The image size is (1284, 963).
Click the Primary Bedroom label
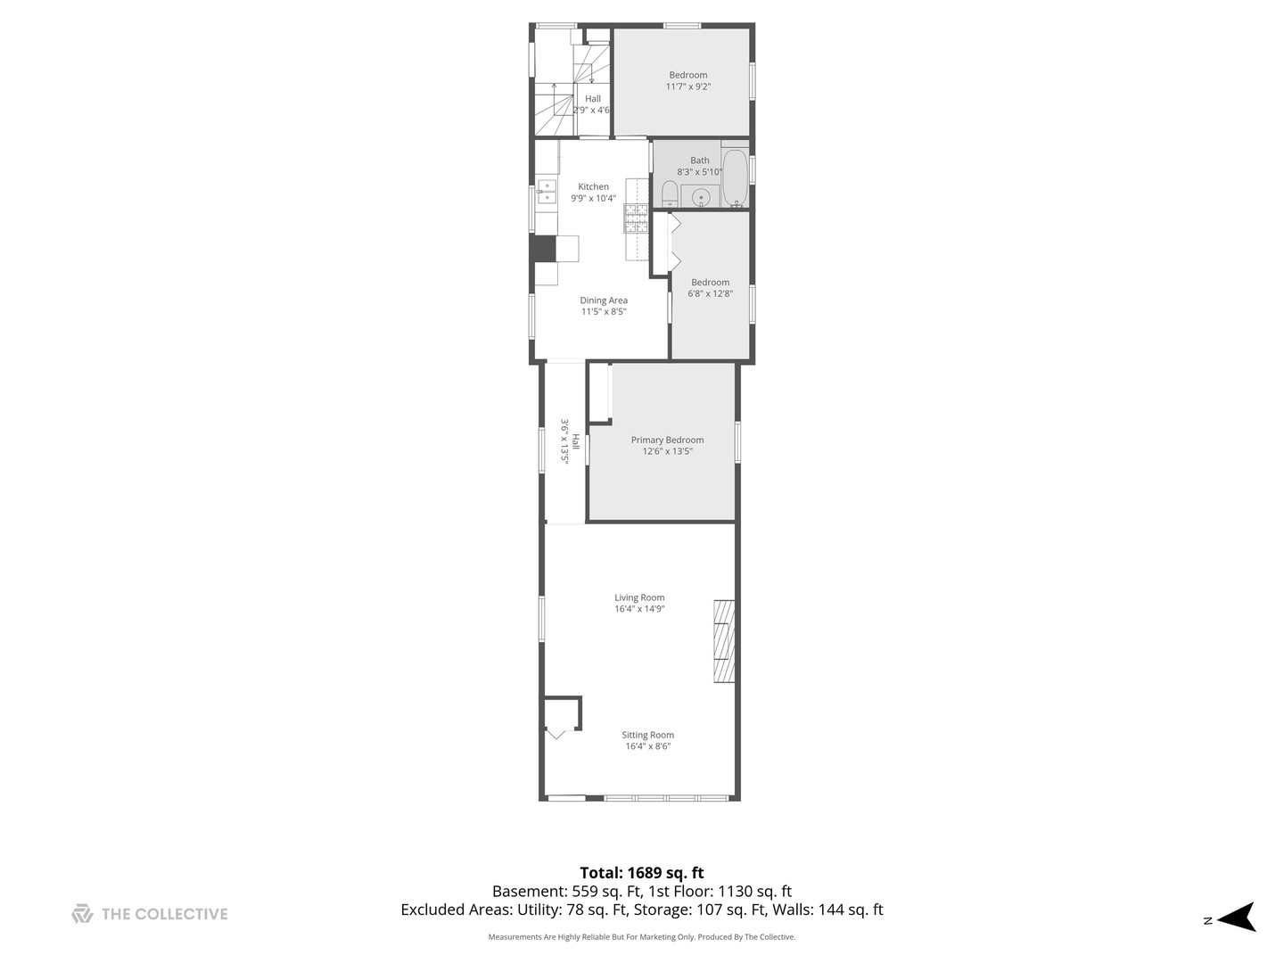667,440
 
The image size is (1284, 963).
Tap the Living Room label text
639,597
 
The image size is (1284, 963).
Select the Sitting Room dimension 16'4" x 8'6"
647,746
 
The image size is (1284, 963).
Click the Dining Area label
604,300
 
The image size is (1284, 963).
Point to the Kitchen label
593,186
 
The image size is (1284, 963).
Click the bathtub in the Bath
735,177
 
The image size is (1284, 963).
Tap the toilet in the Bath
669,193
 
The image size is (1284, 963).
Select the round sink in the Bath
701,197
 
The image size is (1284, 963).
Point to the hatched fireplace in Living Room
723,641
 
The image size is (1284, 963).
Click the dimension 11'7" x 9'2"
687,86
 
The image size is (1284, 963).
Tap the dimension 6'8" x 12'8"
710,293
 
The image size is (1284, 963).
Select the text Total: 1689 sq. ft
641,873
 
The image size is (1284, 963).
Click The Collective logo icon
82,913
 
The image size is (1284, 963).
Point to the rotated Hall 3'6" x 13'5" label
570,441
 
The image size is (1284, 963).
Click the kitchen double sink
546,192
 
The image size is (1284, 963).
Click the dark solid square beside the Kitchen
543,248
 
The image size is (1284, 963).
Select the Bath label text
699,160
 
